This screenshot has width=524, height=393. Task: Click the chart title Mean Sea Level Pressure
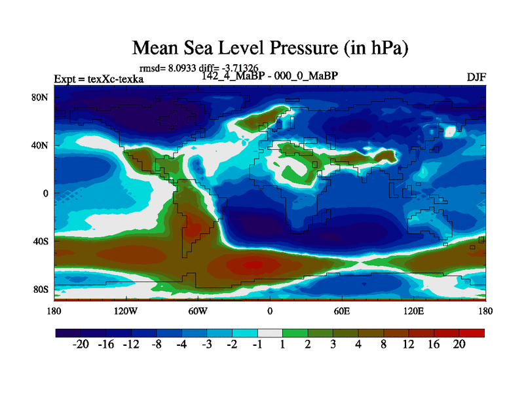point(271,48)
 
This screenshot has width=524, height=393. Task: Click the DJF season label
point(476,77)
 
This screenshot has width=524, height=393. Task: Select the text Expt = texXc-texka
point(99,79)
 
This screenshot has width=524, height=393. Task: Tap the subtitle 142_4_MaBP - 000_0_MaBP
point(271,75)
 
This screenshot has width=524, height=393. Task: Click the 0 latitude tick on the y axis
point(46,193)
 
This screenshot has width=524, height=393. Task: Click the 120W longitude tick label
point(125,310)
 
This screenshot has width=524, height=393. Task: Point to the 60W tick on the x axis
point(198,310)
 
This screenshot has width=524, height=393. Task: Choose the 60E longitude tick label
point(341,310)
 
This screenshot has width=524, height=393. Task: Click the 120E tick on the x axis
point(413,310)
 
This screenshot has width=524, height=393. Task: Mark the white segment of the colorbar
point(270,333)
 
